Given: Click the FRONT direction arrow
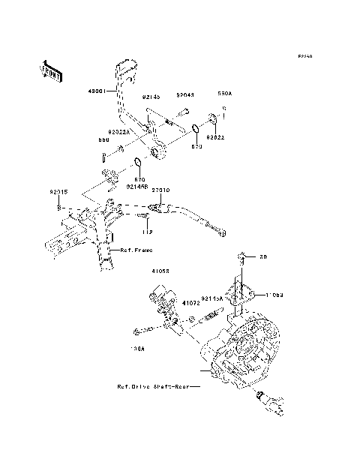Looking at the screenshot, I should (x=51, y=70).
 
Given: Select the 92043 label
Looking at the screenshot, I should (x=185, y=95).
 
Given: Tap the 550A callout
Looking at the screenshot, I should (x=225, y=95).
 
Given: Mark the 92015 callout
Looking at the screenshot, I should (x=60, y=192).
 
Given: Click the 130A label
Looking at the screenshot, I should (x=138, y=349).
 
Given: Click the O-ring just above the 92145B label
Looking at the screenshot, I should (x=138, y=164).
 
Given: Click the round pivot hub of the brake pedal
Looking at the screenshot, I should (x=157, y=154).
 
